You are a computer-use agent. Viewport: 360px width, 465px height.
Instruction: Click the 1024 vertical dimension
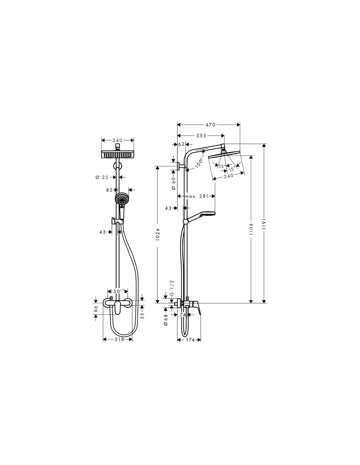pos(158,234)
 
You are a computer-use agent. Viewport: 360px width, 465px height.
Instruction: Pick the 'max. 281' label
pos(197,196)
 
